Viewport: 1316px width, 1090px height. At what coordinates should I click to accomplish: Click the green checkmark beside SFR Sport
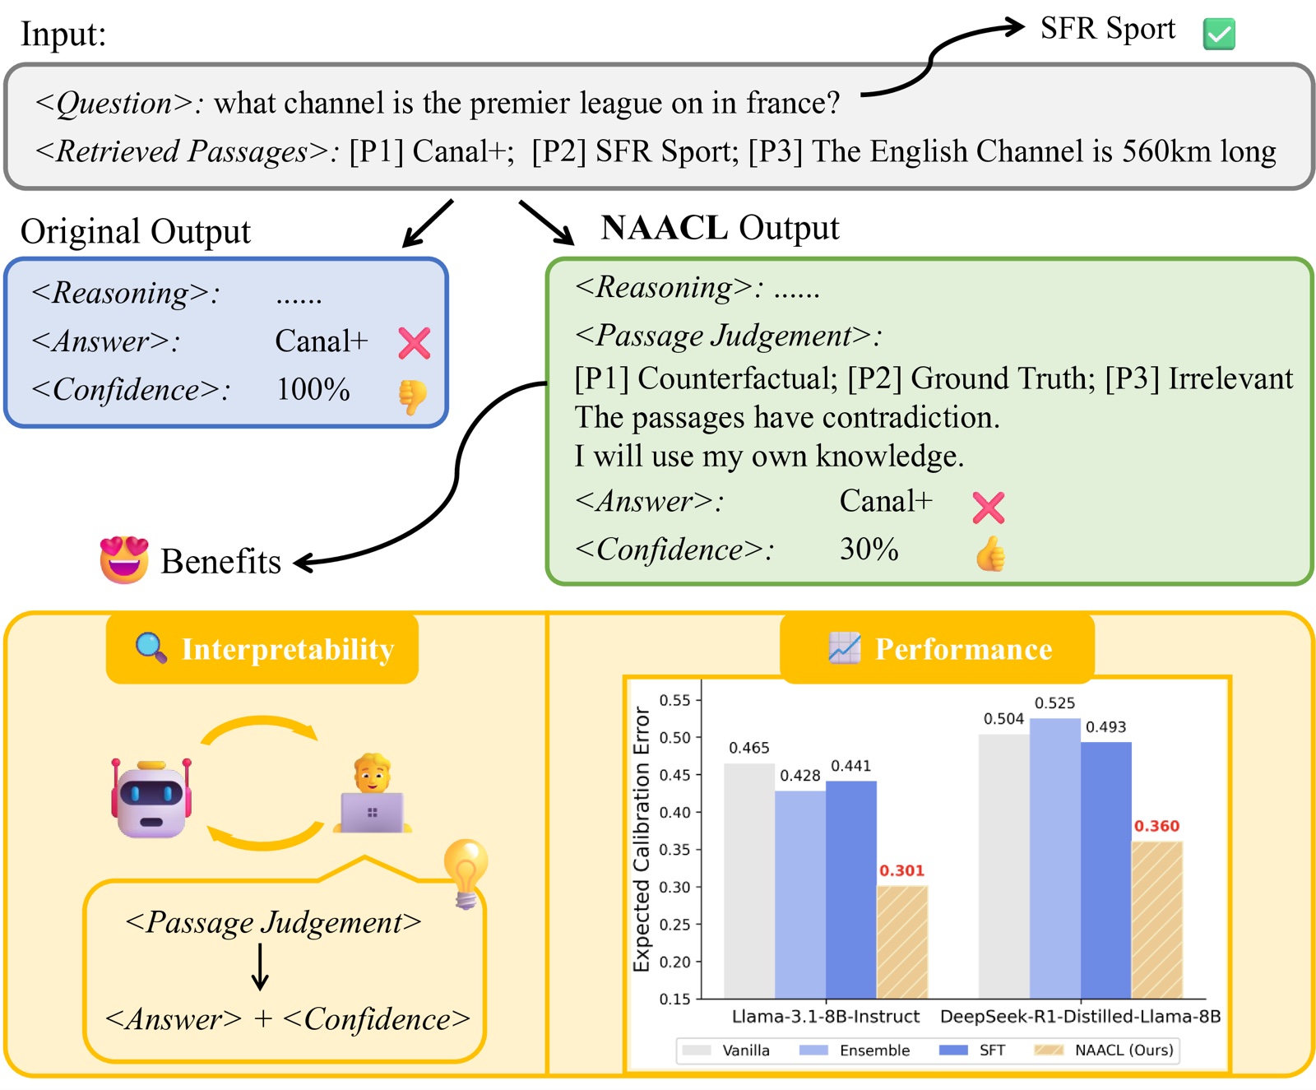pyautogui.click(x=1219, y=34)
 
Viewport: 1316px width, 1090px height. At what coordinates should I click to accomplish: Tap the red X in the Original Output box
pyautogui.click(x=415, y=343)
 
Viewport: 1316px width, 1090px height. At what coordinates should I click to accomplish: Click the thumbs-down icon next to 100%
pyautogui.click(x=413, y=397)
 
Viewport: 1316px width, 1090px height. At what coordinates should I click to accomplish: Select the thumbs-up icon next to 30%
pyautogui.click(x=990, y=554)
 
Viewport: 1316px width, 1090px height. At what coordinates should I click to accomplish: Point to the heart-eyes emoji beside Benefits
pyautogui.click(x=124, y=559)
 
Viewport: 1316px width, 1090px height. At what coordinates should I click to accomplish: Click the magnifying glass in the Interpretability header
pyautogui.click(x=151, y=647)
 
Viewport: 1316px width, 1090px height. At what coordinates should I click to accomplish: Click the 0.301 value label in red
pyautogui.click(x=901, y=870)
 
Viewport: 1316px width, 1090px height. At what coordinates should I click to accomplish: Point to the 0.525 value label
pyautogui.click(x=1054, y=703)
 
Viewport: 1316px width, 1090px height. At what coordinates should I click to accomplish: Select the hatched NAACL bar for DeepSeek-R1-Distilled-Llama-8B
pyautogui.click(x=1157, y=920)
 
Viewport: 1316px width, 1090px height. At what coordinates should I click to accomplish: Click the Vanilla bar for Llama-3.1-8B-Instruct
pyautogui.click(x=749, y=881)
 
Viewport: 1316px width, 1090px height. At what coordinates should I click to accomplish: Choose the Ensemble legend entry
pyautogui.click(x=855, y=1050)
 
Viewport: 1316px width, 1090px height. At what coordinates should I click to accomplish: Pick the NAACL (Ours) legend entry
pyautogui.click(x=1104, y=1050)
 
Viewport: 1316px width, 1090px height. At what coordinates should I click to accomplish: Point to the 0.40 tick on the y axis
pyautogui.click(x=675, y=812)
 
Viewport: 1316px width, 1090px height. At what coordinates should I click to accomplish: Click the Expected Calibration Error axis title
pyautogui.click(x=642, y=839)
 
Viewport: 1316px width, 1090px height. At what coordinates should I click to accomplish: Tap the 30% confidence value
pyautogui.click(x=869, y=549)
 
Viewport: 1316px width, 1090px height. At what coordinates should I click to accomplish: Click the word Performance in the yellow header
pyautogui.click(x=963, y=649)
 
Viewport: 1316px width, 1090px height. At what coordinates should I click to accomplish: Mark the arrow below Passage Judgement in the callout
pyautogui.click(x=260, y=967)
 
